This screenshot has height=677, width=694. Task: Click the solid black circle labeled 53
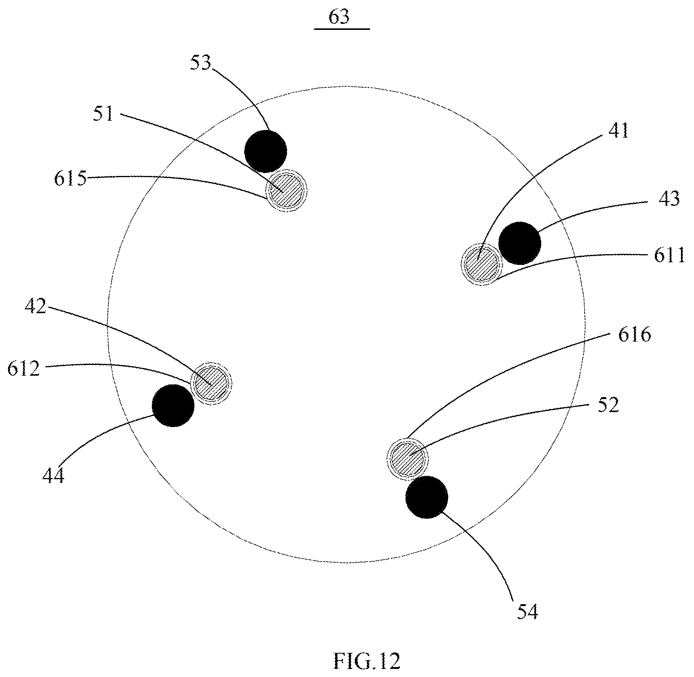point(266,151)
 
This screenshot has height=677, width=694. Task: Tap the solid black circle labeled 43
point(520,243)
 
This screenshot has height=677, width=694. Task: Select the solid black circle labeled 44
point(173,406)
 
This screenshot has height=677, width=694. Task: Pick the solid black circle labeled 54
point(427,497)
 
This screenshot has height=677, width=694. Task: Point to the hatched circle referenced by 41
point(482,264)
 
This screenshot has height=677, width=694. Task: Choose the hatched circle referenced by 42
point(211,383)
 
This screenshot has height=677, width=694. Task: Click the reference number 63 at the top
point(340,18)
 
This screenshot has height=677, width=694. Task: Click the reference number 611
point(669,255)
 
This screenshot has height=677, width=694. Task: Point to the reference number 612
point(24,369)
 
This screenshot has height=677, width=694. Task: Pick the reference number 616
point(635,335)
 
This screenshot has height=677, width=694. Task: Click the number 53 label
point(201,63)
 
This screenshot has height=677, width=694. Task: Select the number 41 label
point(618,131)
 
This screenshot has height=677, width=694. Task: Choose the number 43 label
point(669,199)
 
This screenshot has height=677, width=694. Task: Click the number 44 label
point(53,476)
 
